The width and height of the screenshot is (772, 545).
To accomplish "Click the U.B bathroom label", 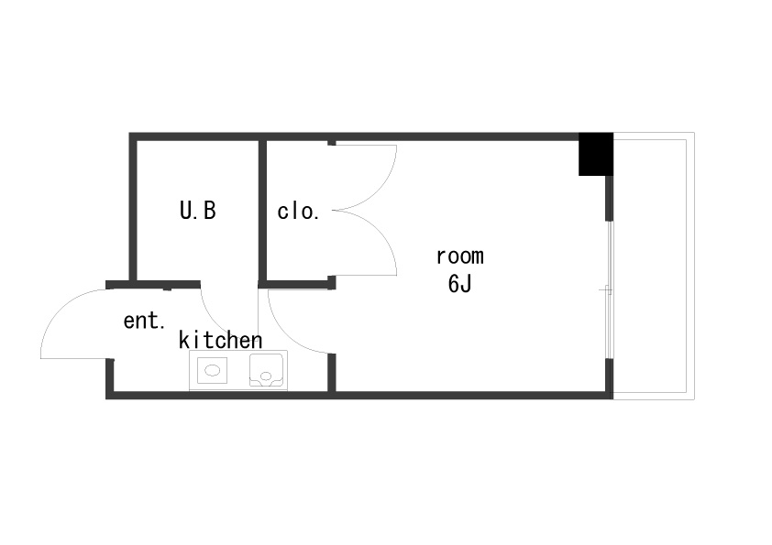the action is [197, 211].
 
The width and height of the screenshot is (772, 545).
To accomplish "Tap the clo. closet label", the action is [298, 211].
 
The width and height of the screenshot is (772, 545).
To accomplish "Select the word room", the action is [460, 256].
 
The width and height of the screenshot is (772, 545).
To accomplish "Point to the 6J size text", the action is [460, 283].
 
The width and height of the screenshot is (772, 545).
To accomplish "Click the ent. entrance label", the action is [144, 321].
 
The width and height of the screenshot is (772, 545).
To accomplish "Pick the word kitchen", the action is [220, 340].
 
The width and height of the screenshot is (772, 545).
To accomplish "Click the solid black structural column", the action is [596, 154].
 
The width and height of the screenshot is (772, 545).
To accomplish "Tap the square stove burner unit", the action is [212, 370].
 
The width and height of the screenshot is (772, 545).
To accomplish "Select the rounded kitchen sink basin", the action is [267, 369].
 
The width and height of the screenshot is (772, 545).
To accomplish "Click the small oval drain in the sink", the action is [266, 376].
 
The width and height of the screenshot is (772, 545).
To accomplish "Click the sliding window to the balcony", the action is [610, 289].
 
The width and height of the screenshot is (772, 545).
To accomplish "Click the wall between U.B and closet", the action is [262, 211].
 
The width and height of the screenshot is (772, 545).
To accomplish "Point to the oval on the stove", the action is [212, 370].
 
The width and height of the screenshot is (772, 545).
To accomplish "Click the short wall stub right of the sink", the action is [332, 373].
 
